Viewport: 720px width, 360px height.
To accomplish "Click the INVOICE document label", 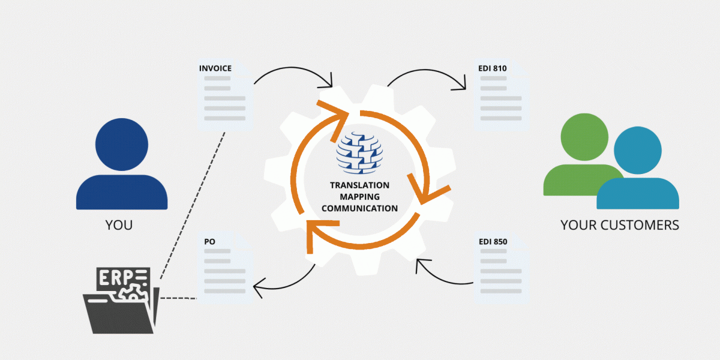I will click(x=215, y=68).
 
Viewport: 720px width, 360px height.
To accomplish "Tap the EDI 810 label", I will click(x=493, y=68).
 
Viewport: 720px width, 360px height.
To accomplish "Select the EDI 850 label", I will click(x=493, y=241).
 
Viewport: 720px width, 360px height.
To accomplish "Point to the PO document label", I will click(x=210, y=241).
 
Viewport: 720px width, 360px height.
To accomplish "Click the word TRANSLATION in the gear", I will click(x=359, y=185).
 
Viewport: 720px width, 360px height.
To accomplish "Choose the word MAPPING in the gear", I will click(x=359, y=197).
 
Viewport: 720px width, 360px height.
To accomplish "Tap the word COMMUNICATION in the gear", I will click(x=359, y=209).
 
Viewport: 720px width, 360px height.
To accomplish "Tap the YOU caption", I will click(x=119, y=226).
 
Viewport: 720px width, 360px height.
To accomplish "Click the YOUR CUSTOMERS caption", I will click(x=620, y=226).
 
